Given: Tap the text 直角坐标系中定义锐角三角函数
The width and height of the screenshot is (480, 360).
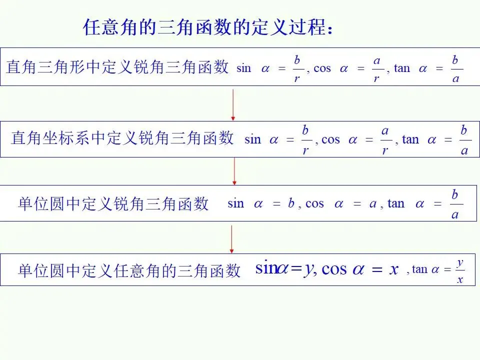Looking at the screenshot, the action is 122,138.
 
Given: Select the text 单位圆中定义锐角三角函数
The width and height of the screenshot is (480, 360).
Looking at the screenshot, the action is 113,204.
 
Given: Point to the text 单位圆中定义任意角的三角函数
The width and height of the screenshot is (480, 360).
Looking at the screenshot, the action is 129,270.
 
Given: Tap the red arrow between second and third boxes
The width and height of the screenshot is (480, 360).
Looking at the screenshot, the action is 234,171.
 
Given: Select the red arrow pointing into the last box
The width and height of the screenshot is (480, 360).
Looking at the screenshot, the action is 231,239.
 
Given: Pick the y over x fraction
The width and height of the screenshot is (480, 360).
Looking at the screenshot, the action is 459,271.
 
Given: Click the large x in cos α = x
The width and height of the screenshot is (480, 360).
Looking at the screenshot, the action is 393,269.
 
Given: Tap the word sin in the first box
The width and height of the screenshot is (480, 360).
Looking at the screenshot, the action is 243,68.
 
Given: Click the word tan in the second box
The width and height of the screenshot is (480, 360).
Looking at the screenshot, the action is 410,139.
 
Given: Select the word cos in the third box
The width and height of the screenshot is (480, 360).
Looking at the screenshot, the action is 314,204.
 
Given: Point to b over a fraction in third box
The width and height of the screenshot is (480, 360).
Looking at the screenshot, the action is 455,204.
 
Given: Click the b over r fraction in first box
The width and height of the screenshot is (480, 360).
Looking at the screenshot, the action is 297,69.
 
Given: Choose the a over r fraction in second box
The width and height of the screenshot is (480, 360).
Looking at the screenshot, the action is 385,140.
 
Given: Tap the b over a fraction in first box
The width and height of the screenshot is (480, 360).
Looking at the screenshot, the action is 455,69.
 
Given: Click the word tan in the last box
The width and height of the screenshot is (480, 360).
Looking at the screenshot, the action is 419,270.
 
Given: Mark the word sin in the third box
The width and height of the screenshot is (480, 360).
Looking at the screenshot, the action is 236,204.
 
